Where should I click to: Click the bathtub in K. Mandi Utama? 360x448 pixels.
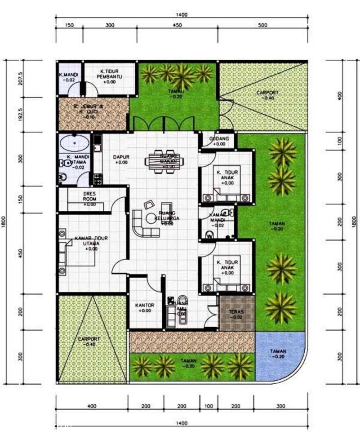[x=74, y=143]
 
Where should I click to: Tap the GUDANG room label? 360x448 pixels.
[x=218, y=141]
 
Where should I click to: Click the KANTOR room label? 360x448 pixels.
[x=145, y=308]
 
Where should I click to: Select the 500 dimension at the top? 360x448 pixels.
[x=263, y=26]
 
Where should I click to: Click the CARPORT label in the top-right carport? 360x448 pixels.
[x=267, y=95]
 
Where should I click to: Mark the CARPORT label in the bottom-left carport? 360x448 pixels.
[x=88, y=341]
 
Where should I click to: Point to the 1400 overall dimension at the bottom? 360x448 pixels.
[x=182, y=423]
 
